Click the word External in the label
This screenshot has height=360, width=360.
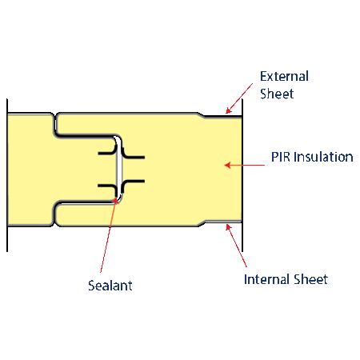284,76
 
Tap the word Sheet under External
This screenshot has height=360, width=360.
277,94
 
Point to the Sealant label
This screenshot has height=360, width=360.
110,286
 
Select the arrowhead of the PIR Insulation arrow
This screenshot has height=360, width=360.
227,166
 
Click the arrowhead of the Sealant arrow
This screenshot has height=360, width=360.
115,200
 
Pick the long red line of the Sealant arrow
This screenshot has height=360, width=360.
108,236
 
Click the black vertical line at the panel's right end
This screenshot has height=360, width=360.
242,175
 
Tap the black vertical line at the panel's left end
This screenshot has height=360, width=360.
7,175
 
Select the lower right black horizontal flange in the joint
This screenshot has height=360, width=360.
134,182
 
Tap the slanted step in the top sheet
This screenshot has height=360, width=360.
202,114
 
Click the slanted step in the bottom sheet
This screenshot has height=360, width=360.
202,224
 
